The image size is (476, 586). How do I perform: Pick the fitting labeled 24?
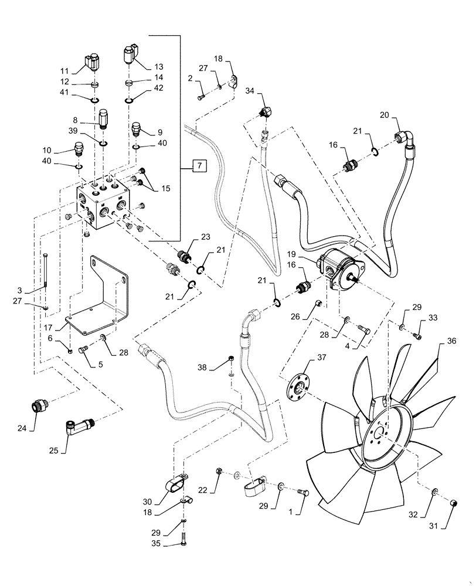coord(39,407)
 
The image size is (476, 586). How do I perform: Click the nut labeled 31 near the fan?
coord(454,503)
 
